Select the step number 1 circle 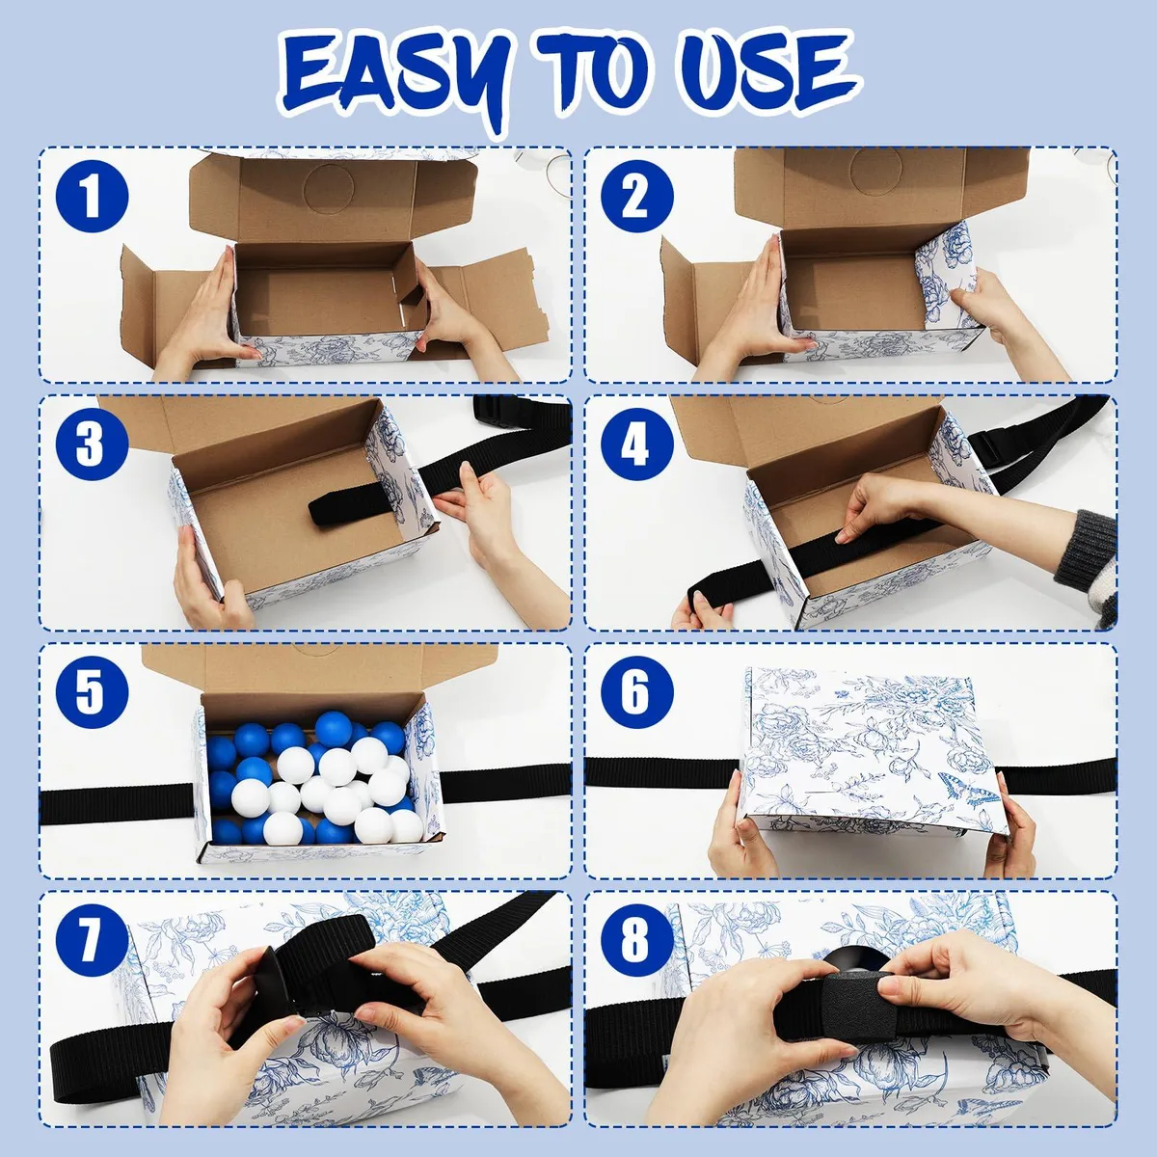92,197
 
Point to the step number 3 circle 92,444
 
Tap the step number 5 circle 92,693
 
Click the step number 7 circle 92,941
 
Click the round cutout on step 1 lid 328,187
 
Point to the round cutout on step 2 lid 876,170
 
